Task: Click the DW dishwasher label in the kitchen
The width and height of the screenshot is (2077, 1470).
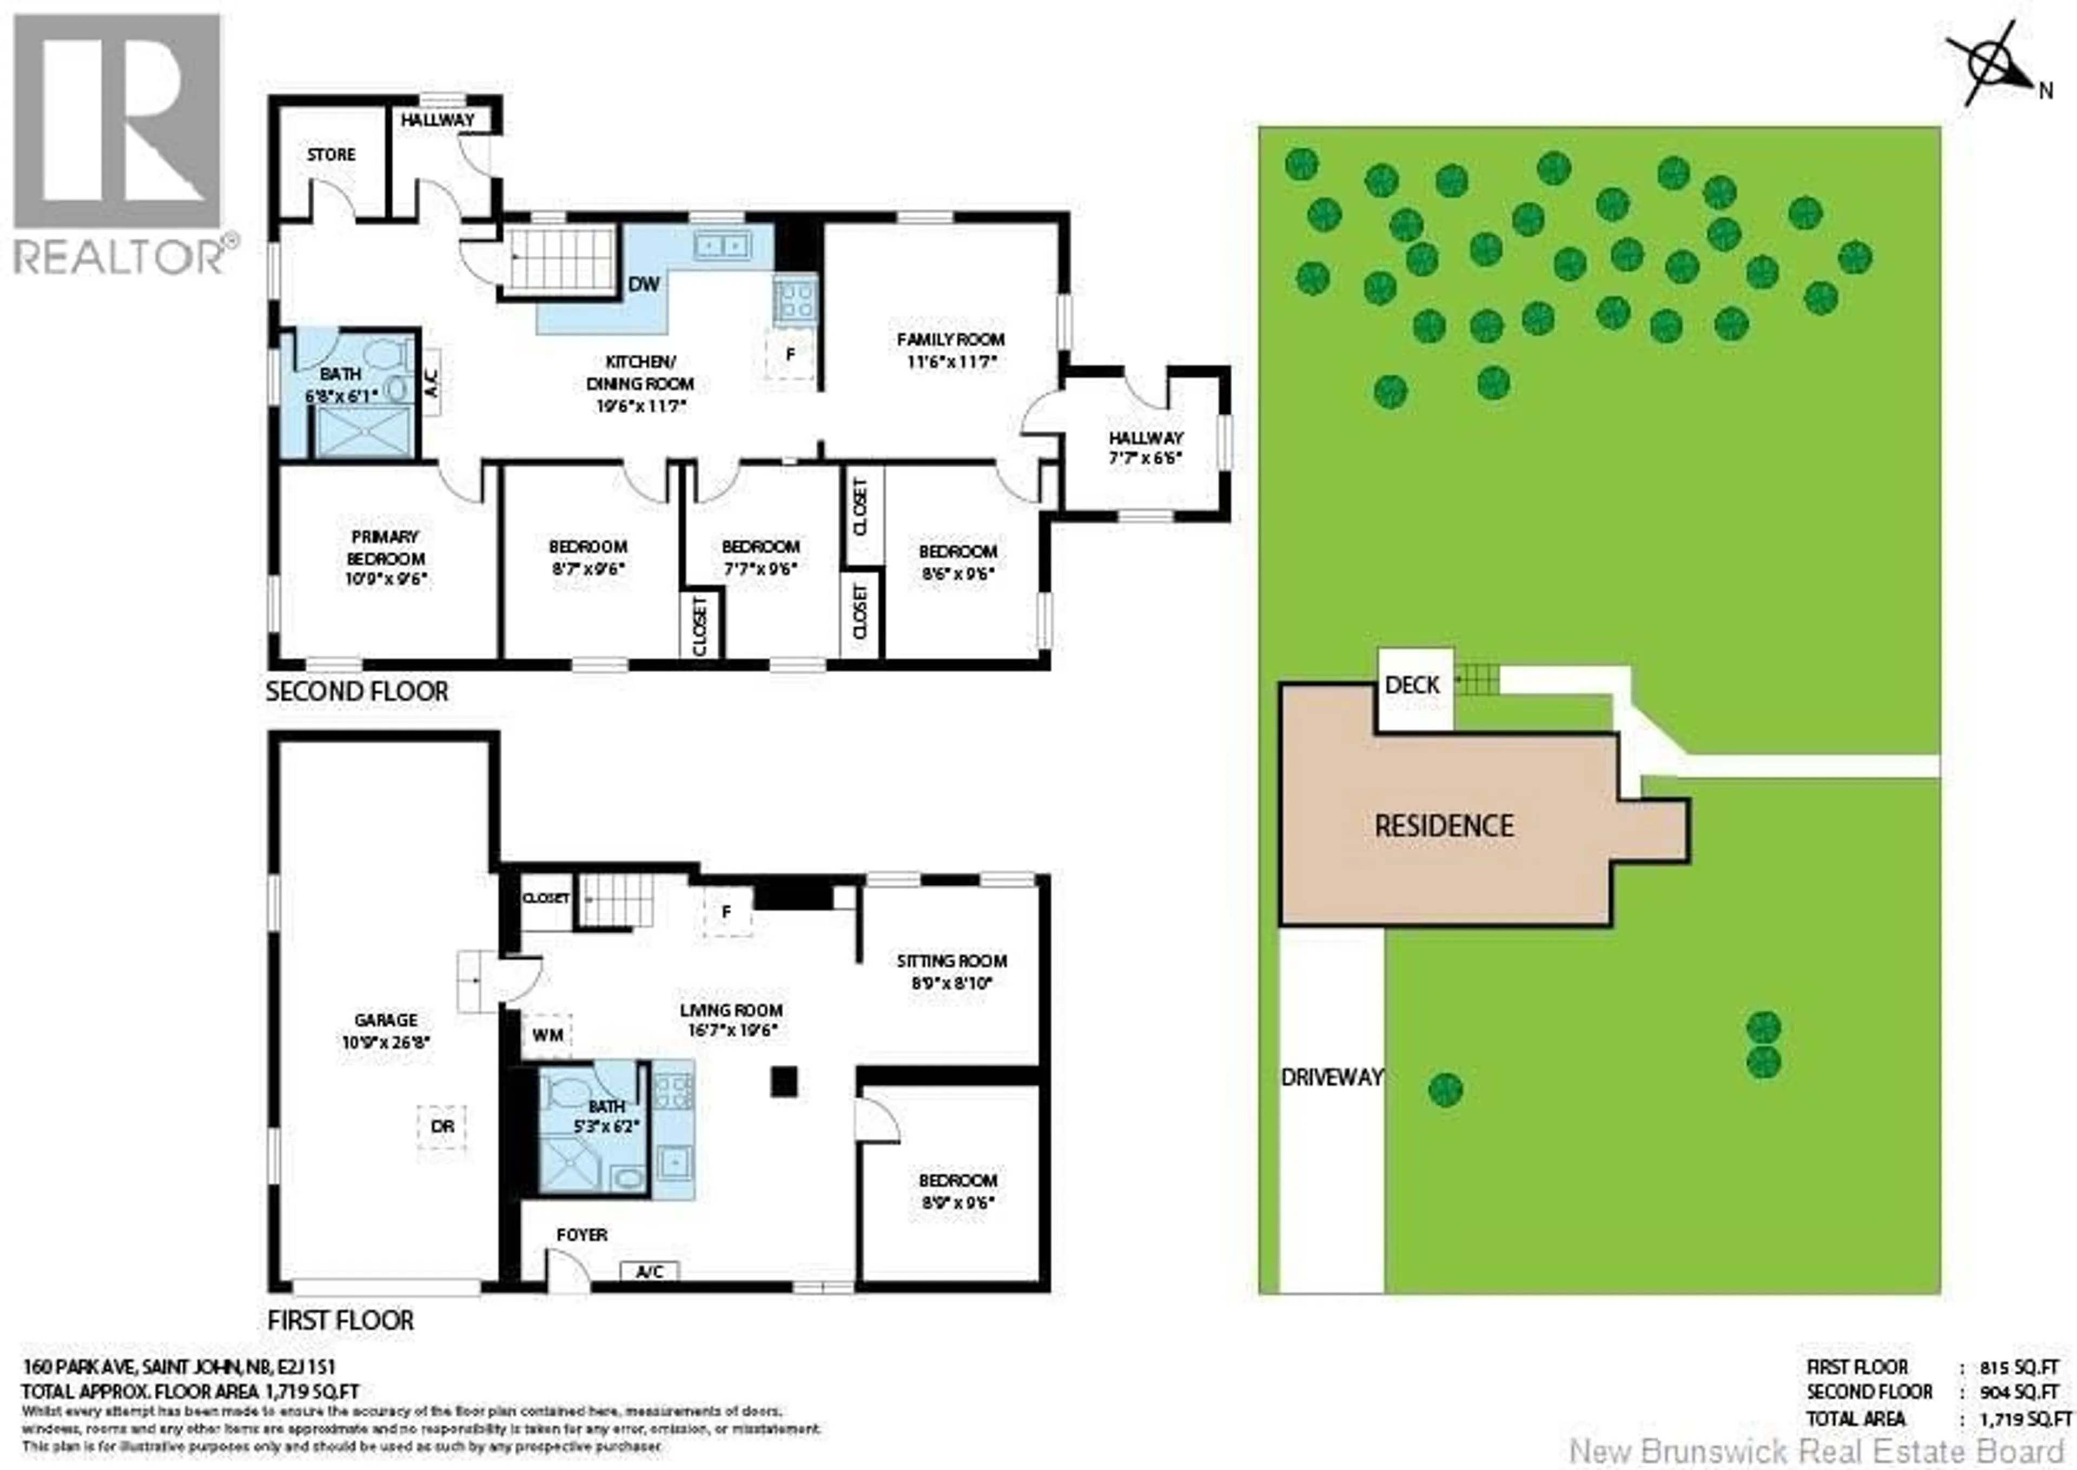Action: (644, 284)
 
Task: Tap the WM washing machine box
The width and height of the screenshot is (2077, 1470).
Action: (547, 1035)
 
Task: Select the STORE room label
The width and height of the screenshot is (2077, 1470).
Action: (331, 155)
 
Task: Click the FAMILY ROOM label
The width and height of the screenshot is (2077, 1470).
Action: (950, 340)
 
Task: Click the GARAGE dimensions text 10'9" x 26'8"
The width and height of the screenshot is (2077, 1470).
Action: (386, 1042)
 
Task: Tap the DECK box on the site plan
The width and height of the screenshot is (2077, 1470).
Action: (1413, 685)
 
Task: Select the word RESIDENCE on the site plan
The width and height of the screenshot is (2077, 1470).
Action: (1444, 825)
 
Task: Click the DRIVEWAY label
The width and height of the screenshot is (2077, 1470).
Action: (1331, 1077)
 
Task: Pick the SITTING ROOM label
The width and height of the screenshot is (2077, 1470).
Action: (951, 961)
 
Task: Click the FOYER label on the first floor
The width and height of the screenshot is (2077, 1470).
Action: (582, 1235)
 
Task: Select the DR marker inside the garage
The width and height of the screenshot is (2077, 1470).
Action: (442, 1127)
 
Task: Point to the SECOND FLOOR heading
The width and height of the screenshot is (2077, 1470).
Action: (356, 692)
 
